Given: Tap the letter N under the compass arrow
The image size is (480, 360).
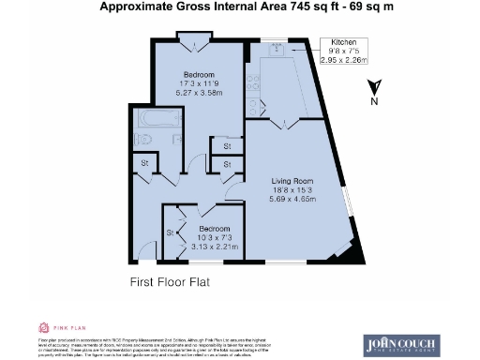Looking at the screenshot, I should (375, 101).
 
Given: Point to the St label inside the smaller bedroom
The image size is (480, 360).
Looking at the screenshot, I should (171, 232).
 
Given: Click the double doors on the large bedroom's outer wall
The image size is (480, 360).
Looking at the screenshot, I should (195, 40).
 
